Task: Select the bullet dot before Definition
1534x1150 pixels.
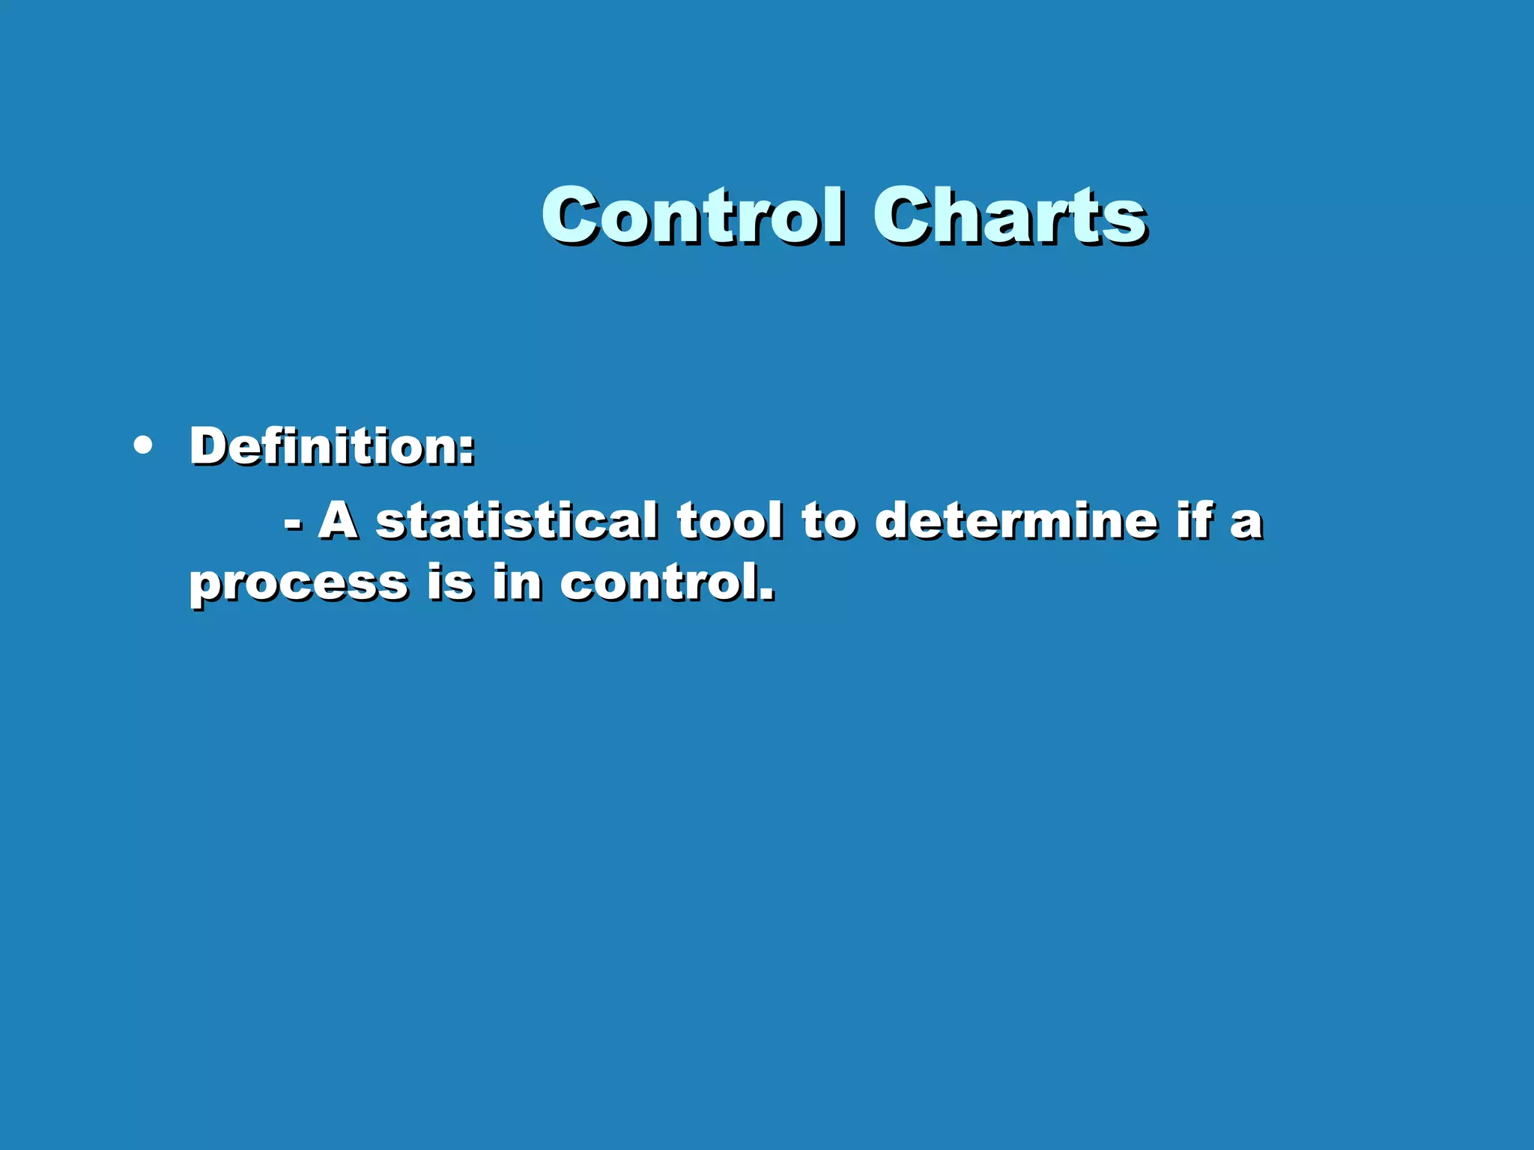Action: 142,446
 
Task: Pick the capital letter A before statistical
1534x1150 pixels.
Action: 339,520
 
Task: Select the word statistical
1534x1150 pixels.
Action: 517,520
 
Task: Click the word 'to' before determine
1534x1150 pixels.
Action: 829,520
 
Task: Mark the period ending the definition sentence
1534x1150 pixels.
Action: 767,597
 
